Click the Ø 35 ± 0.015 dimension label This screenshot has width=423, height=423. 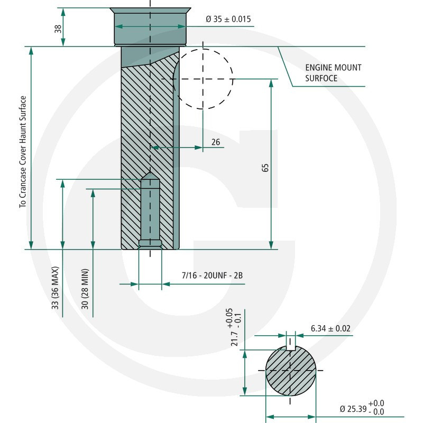[228, 19]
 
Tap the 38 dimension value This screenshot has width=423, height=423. [58, 29]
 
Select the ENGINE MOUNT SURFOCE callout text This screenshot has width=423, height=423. [333, 73]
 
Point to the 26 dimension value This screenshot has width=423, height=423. [216, 142]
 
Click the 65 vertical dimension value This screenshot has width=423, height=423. [265, 168]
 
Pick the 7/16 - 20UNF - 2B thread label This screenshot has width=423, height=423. [212, 275]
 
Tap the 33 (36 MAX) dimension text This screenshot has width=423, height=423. [55, 288]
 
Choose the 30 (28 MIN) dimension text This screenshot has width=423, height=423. [85, 289]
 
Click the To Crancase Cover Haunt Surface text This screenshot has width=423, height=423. [23, 152]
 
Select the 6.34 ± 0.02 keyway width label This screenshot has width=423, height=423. [330, 328]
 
